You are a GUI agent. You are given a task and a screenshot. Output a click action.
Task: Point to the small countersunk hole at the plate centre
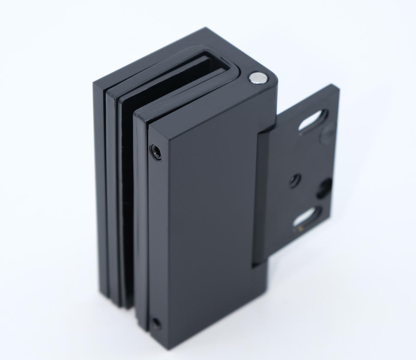pyautogui.click(x=294, y=179)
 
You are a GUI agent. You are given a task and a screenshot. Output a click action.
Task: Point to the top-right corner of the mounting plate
pyautogui.click(x=338, y=86)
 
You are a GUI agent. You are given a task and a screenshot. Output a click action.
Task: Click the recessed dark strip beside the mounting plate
pyautogui.click(x=260, y=199)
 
